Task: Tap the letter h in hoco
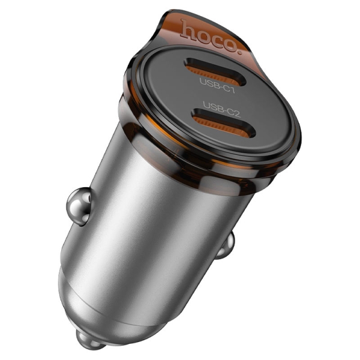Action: (x=188, y=26)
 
